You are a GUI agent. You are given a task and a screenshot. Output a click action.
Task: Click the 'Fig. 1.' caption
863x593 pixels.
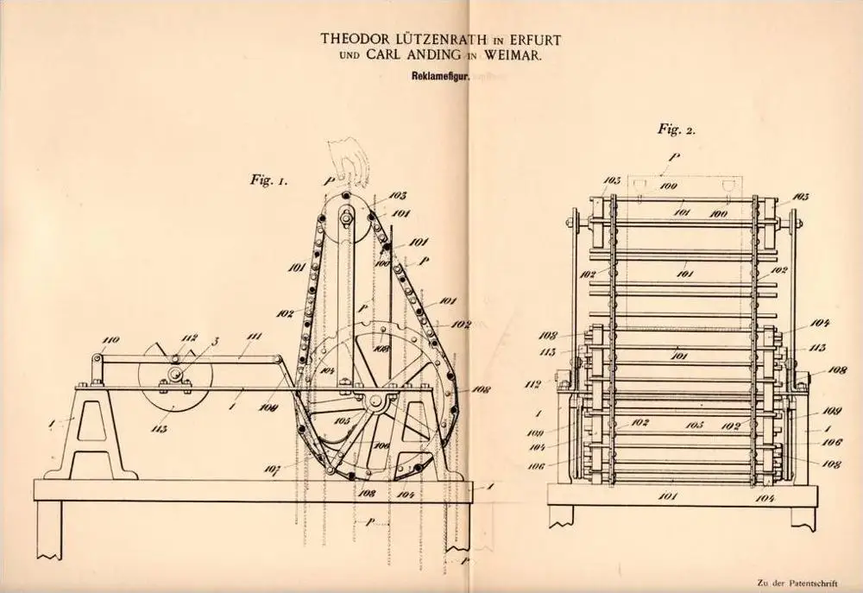tap(270, 182)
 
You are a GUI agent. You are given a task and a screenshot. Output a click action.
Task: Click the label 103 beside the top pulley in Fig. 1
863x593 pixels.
tap(398, 197)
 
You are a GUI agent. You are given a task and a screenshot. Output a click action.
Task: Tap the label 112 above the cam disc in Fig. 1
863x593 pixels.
tap(190, 338)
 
